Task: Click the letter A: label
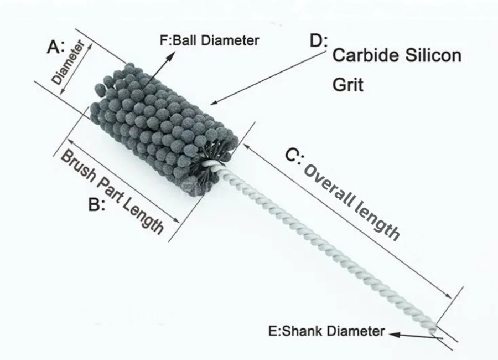(55, 47)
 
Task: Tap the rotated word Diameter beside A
(68, 63)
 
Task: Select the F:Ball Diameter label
(209, 40)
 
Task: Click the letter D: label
(319, 41)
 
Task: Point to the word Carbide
(362, 55)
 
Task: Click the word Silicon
(429, 55)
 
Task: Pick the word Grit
(347, 84)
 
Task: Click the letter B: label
(96, 204)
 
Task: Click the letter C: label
(294, 156)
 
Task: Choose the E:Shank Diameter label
(326, 331)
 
